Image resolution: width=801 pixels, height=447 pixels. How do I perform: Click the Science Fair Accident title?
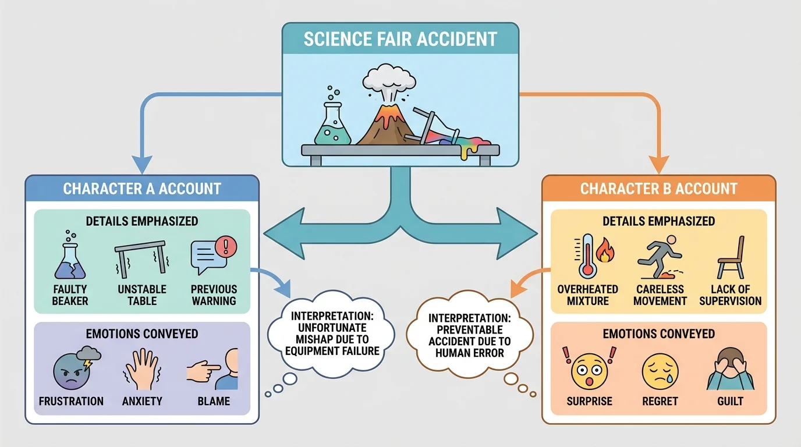pyautogui.click(x=400, y=39)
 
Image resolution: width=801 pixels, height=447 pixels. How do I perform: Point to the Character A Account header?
pyautogui.click(x=142, y=189)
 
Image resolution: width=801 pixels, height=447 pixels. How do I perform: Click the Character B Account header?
pyautogui.click(x=658, y=189)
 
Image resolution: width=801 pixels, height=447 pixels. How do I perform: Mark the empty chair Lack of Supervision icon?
pyautogui.click(x=731, y=257)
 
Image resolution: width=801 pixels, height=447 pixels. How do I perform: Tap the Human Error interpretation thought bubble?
pyautogui.click(x=469, y=335)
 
